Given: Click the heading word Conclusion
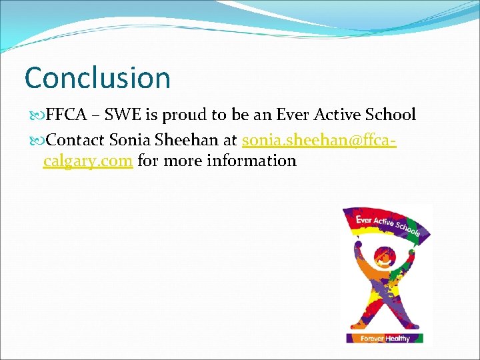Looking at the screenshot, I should (97, 78).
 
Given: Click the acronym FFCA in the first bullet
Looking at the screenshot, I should (67, 115).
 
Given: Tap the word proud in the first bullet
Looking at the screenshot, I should (185, 115).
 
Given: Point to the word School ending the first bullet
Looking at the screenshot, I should (391, 115).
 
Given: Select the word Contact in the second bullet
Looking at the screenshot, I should (75, 141).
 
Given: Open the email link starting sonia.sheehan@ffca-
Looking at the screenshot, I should (319, 141).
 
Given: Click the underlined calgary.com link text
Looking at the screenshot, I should (88, 161).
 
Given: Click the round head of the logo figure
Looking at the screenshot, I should (384, 255).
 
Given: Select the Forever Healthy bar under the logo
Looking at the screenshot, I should (385, 338).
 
